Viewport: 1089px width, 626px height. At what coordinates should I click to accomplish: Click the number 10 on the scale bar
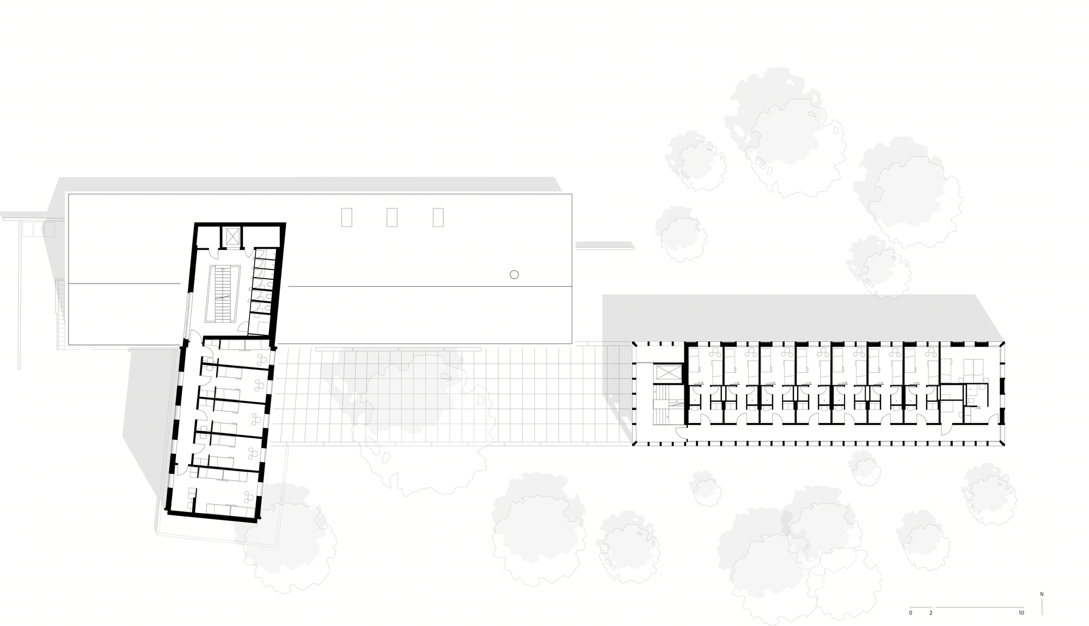tap(1021, 613)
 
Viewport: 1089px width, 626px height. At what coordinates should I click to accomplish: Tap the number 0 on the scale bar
tap(910, 613)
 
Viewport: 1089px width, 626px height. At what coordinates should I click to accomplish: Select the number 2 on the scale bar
tap(931, 613)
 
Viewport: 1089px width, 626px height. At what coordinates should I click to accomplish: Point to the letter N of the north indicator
tap(1042, 594)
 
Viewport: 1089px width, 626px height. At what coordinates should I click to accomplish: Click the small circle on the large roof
tap(514, 275)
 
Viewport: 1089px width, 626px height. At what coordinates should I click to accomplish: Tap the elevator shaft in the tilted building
tap(233, 237)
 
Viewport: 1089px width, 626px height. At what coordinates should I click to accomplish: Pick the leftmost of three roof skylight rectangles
tap(347, 218)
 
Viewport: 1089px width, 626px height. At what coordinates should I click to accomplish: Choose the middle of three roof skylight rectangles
tap(392, 218)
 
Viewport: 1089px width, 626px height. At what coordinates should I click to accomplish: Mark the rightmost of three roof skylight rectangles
tap(438, 218)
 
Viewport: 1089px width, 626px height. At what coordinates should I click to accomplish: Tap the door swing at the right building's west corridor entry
tap(681, 432)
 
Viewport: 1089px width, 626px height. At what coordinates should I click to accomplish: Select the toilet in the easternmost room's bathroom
tap(971, 402)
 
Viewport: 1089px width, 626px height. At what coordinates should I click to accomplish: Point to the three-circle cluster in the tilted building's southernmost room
tap(249, 496)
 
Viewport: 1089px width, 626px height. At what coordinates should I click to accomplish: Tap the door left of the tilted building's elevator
tap(213, 253)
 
